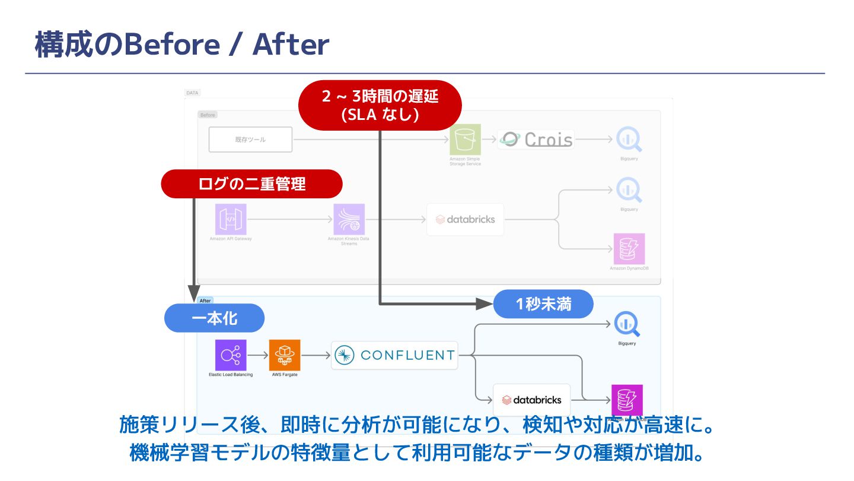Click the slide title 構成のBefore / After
pos(181,45)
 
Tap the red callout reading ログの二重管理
pos(251,184)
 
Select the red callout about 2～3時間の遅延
pos(380,105)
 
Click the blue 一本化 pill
pos(214,318)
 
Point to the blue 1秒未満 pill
pos(543,304)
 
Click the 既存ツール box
pos(250,140)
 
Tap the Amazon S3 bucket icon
pos(465,140)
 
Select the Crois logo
pos(536,140)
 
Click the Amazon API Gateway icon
pos(231,219)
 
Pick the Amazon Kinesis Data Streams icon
pos(349,219)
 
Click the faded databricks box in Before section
pos(465,219)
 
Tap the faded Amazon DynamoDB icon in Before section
pos(627,249)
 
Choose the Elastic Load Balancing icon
pos(231,355)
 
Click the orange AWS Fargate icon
pos(285,355)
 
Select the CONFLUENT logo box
pos(394,355)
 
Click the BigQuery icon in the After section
pos(627,324)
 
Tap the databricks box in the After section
pos(531,400)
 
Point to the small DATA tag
pos(192,93)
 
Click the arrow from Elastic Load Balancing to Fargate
pos(257,356)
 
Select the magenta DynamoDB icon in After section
pos(627,400)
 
